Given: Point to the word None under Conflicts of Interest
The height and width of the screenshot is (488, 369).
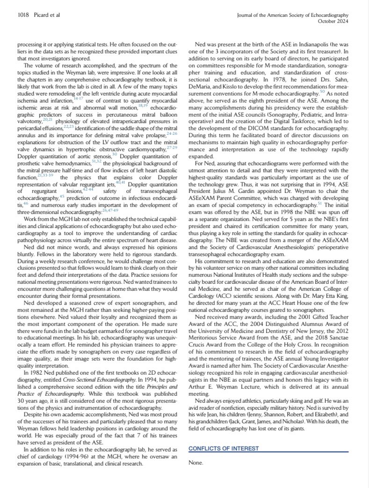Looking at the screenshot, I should pos(196,463).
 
